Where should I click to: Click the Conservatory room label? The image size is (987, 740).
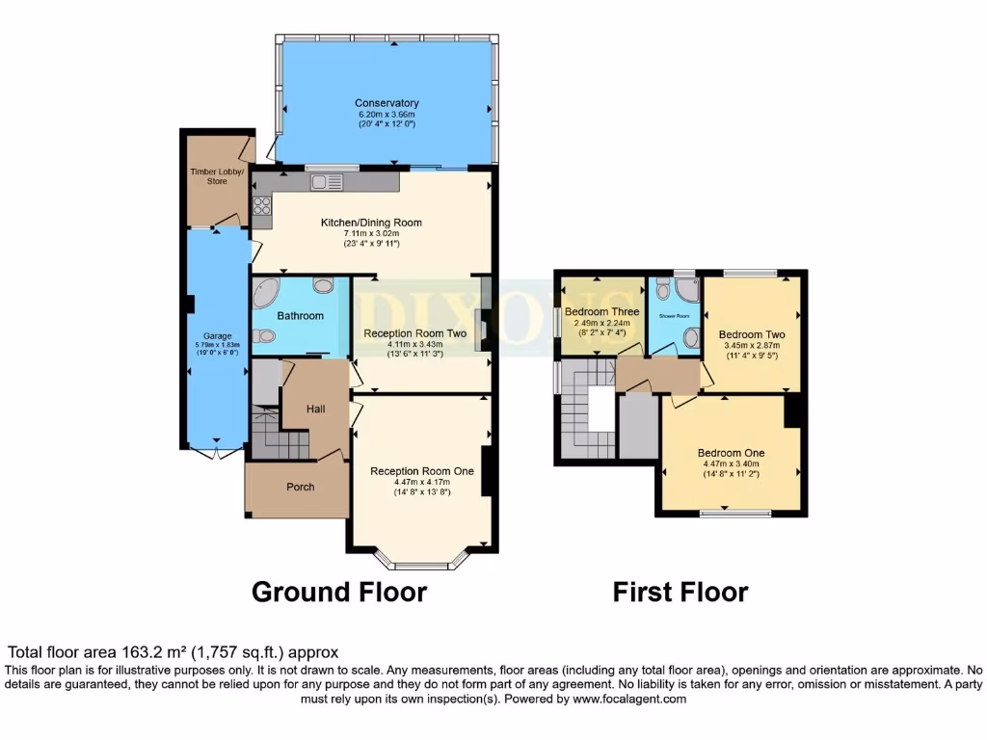[387, 103]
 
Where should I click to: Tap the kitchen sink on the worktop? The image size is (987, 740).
[321, 181]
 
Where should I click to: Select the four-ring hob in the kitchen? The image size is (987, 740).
[261, 205]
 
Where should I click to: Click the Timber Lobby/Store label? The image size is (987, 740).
[217, 175]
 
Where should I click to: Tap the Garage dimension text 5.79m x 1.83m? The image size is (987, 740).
[217, 345]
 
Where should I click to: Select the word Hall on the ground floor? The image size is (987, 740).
[316, 409]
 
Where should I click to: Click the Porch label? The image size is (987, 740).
[301, 487]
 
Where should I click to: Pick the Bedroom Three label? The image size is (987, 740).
[601, 312]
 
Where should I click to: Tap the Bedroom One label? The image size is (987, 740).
[731, 453]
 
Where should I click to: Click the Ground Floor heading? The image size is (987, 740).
[338, 591]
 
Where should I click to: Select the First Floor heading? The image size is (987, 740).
[680, 591]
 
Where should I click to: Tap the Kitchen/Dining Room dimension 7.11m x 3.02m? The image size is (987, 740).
[371, 233]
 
